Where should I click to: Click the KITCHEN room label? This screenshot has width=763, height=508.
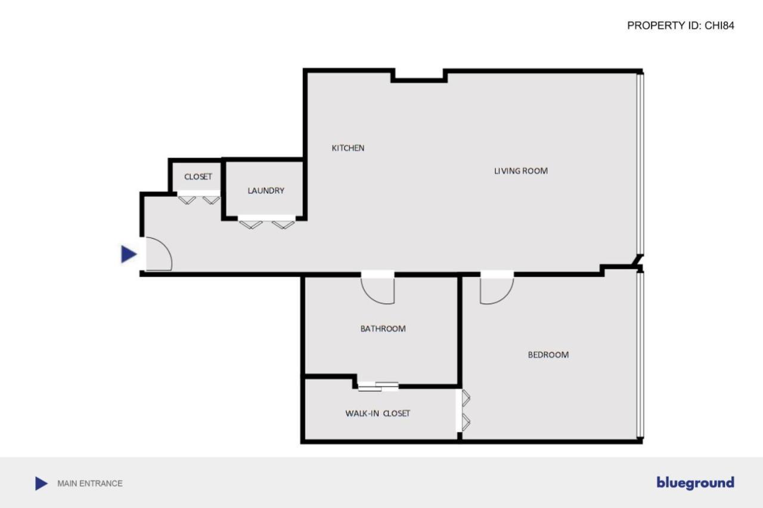click(x=348, y=148)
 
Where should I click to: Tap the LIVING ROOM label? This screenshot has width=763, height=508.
click(x=520, y=171)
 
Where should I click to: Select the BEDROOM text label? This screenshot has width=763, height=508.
click(x=548, y=355)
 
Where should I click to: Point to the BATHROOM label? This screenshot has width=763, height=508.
click(x=383, y=329)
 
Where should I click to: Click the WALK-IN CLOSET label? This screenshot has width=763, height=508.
click(x=377, y=413)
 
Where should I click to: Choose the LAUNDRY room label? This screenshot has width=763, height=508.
click(x=266, y=191)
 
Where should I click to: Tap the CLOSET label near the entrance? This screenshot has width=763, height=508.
click(x=198, y=177)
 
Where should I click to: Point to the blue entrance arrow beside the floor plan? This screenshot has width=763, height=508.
click(x=128, y=254)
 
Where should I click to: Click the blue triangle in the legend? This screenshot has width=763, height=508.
click(x=41, y=484)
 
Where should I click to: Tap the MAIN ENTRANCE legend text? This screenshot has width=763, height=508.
click(x=89, y=484)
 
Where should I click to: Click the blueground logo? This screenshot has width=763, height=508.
click(x=695, y=483)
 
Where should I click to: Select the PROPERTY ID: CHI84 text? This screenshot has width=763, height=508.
click(x=680, y=26)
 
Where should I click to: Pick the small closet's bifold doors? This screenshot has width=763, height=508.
click(x=198, y=199)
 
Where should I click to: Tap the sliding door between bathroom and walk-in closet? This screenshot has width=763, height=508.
click(x=378, y=386)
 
